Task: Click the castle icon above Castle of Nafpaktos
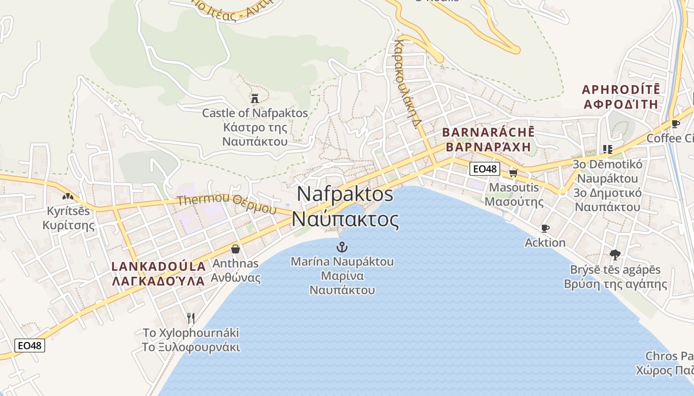click(x=255, y=99)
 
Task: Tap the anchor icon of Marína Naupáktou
click(x=342, y=247)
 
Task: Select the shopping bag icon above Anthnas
click(x=235, y=248)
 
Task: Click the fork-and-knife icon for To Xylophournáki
click(x=191, y=317)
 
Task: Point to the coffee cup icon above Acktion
click(x=545, y=228)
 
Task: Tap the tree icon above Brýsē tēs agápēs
click(x=615, y=255)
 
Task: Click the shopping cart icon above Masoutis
click(x=513, y=173)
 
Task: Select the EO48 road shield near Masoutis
click(x=484, y=169)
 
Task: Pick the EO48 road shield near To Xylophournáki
click(x=30, y=346)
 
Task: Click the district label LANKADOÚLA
click(x=159, y=266)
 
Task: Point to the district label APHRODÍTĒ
click(x=621, y=90)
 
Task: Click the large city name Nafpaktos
click(x=346, y=194)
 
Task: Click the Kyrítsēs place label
click(x=68, y=211)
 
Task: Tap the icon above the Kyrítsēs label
click(x=68, y=197)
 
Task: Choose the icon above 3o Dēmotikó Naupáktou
click(x=607, y=149)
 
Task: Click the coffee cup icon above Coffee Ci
click(x=675, y=124)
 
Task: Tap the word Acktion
click(x=545, y=243)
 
